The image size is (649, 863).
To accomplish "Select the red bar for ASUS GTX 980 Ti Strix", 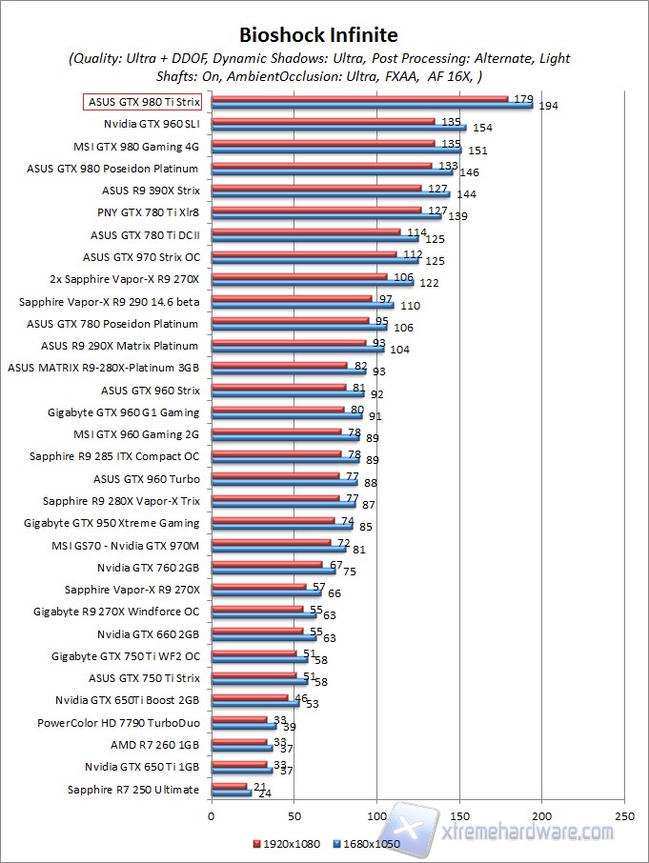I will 359,97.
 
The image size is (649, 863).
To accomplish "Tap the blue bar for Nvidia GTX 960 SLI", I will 338,127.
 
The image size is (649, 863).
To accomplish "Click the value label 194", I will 548,106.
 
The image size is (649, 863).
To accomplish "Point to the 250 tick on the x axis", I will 624,816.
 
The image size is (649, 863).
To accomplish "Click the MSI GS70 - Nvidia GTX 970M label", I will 132,545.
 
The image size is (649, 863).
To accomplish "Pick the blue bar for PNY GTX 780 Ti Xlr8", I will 326,215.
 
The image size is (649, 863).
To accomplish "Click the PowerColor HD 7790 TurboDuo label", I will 118,722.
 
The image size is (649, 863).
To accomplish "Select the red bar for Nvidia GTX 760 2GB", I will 267,564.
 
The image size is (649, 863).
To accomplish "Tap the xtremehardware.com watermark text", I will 529,831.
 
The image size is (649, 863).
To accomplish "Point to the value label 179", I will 523,98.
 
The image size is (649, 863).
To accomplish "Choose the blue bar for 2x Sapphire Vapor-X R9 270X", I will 312,282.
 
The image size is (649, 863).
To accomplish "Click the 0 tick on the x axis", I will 211,816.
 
